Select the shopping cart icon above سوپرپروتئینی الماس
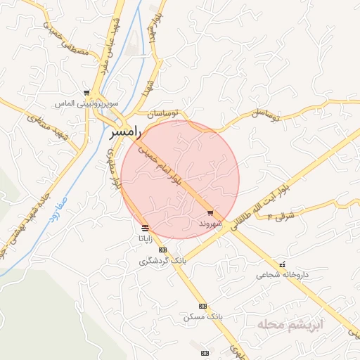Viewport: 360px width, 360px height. tap(86, 92)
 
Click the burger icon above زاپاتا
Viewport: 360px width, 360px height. tap(145, 229)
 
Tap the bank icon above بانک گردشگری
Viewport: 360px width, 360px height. tap(163, 250)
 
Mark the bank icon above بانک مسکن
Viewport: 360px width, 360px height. tap(203, 306)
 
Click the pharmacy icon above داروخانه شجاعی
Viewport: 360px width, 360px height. tap(283, 264)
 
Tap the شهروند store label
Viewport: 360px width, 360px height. tap(210, 222)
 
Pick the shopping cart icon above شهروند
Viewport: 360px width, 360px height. tap(210, 212)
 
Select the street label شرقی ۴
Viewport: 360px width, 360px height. tap(280, 216)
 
